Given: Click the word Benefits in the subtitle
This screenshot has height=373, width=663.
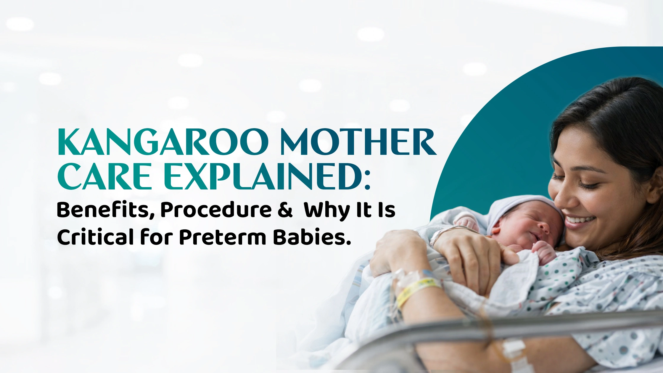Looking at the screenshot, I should click(105, 210).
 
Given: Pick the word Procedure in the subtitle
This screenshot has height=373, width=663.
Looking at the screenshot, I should click(216, 210).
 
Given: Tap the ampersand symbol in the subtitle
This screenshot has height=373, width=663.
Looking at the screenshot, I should click(285, 210).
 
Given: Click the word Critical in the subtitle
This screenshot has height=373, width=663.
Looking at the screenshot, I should click(95, 237).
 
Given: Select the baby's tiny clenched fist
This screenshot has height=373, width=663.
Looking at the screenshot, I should click(545, 252).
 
